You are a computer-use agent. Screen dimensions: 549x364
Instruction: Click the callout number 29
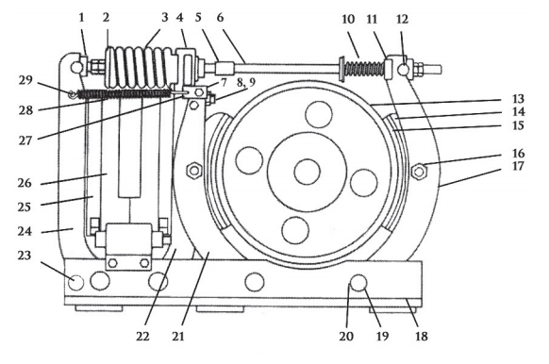25,80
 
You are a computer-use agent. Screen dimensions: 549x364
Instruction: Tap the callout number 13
518,99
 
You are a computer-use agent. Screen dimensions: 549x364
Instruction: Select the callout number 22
142,336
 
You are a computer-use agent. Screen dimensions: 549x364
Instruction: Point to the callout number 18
422,336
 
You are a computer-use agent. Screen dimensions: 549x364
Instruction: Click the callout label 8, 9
246,83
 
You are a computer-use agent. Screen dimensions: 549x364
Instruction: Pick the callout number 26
25,183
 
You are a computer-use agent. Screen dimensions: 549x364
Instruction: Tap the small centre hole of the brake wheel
308,172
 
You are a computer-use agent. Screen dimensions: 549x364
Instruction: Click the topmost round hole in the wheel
319,114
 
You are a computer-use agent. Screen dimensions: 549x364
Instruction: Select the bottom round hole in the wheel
295,230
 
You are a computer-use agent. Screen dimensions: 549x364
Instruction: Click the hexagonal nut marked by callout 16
419,171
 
